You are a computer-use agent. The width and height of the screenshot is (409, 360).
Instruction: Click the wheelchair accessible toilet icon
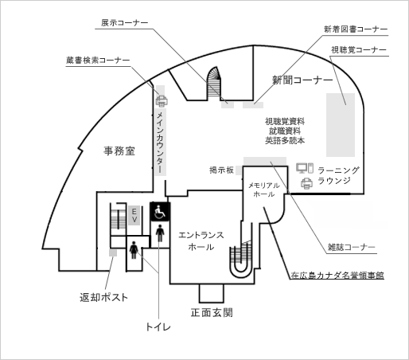point(160,212)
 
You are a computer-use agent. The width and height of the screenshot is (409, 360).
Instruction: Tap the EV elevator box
point(134,215)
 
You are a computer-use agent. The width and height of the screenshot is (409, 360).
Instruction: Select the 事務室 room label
point(119,151)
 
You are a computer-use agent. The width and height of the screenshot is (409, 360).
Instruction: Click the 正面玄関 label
point(212,312)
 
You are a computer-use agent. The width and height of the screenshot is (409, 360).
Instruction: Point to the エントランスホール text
point(201,241)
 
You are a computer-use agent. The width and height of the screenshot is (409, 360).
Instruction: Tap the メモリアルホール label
point(264,190)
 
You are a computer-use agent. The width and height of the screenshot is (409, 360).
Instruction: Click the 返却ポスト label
point(103,297)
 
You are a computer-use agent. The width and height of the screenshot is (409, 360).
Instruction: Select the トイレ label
point(158,327)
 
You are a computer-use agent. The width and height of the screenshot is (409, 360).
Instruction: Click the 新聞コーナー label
point(302,80)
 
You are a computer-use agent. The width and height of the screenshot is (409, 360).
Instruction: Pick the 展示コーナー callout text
point(124,22)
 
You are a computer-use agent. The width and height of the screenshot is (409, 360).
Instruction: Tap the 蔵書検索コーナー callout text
point(98,61)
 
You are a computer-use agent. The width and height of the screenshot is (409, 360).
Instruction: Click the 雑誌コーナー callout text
point(351,247)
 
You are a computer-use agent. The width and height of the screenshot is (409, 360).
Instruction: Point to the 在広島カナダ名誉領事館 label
point(337,276)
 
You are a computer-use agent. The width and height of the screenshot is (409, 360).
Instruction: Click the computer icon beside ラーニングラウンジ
point(305,168)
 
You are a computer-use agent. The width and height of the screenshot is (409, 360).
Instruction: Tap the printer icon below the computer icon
point(306,183)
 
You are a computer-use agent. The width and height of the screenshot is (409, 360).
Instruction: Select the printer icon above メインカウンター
point(162,101)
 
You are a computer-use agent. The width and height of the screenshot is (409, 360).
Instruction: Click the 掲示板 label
point(221,170)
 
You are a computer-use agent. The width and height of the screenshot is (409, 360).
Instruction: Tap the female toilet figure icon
point(134,249)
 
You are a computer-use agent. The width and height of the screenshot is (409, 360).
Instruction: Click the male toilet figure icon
point(160,233)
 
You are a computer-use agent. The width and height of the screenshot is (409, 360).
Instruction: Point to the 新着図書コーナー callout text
point(356,29)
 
